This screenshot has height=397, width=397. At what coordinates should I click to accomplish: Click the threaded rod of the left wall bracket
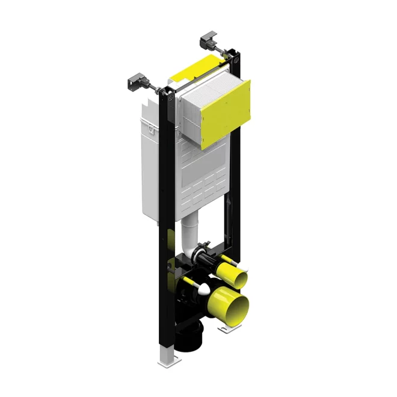[x=155, y=90]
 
